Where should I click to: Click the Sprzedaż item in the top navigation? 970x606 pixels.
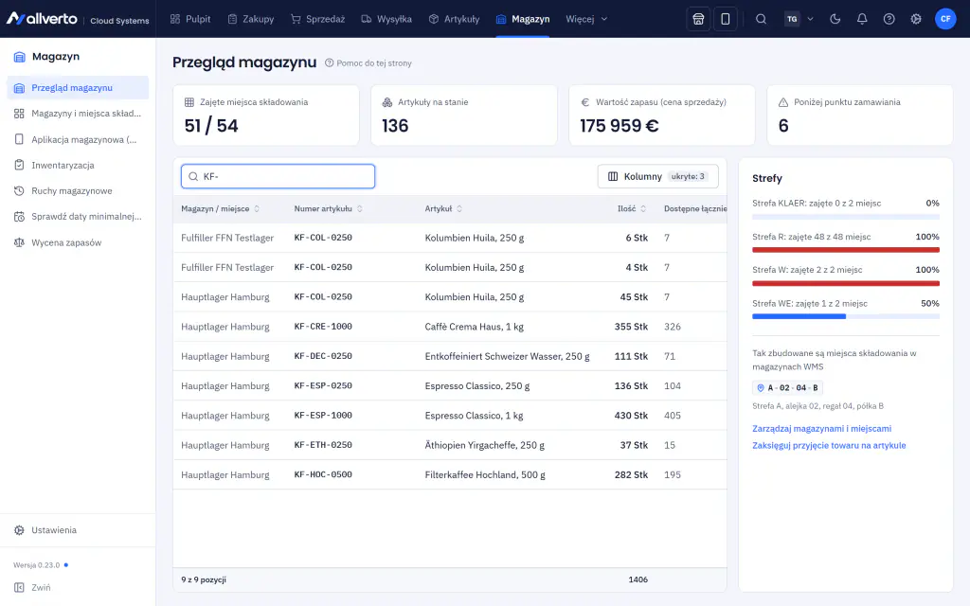pos(318,19)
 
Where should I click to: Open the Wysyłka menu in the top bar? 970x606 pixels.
pos(386,19)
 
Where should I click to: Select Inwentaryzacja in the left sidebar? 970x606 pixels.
pos(63,165)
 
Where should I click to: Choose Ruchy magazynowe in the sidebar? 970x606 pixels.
pos(72,191)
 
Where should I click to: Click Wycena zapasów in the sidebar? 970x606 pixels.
pos(66,243)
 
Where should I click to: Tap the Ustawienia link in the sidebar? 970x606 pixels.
pos(54,530)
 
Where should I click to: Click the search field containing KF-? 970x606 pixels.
pos(278,176)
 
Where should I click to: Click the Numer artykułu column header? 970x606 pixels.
pos(323,209)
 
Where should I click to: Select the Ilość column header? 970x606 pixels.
pos(627,209)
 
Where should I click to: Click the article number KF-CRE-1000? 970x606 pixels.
pos(323,327)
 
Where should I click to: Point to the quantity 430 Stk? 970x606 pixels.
pos(631,416)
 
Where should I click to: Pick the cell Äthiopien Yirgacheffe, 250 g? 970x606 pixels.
pos(484,445)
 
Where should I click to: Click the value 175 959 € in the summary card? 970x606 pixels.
pos(620,126)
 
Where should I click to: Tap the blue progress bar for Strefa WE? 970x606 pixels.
pos(799,316)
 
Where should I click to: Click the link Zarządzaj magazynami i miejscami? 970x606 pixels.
pos(821,429)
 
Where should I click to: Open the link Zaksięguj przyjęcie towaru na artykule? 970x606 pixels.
pos(829,445)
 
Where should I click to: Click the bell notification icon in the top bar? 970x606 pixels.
pos(862,19)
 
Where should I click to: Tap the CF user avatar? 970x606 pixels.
pos(945,19)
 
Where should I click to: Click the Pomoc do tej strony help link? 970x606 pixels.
pos(368,63)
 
